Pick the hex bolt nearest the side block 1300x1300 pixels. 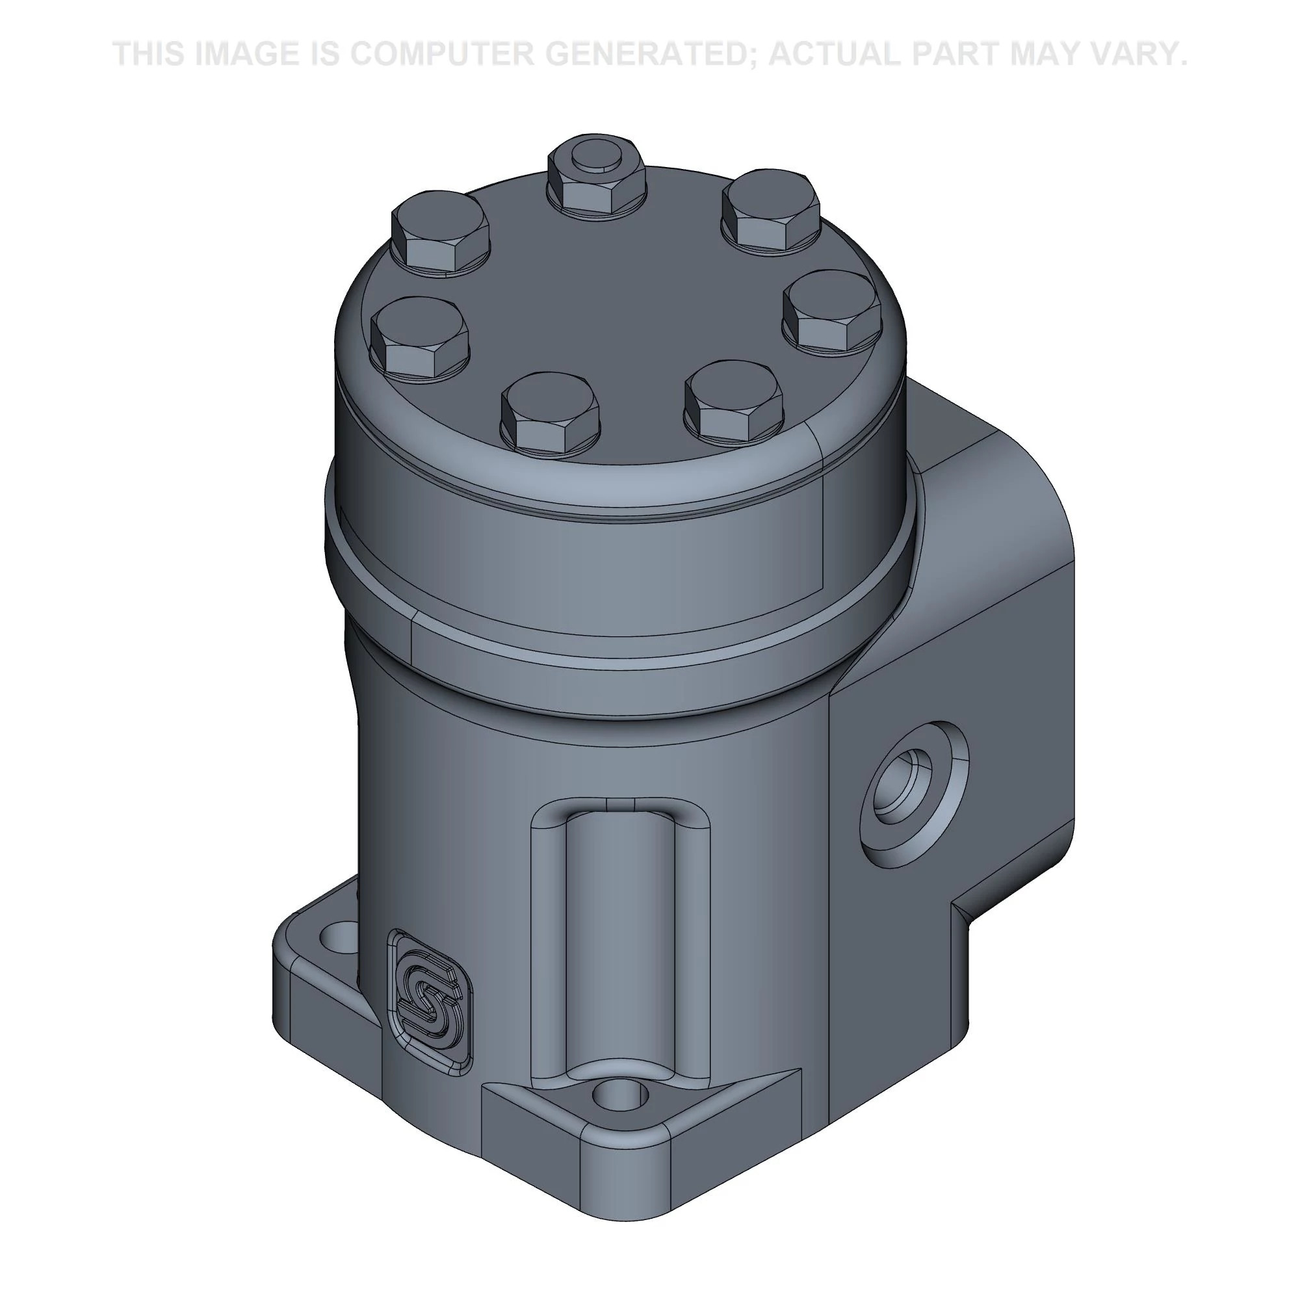(832, 311)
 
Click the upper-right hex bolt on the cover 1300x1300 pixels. (771, 210)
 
